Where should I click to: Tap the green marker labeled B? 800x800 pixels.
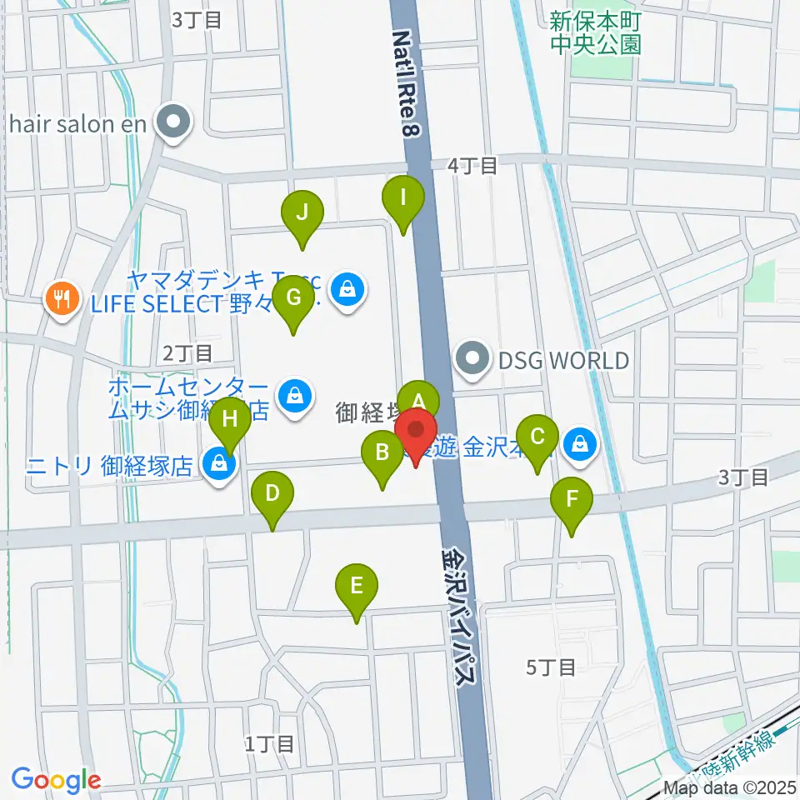point(382,454)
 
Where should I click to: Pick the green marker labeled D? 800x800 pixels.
point(272,494)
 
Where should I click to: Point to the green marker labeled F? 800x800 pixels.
point(572,501)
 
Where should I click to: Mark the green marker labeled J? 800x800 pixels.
point(302,212)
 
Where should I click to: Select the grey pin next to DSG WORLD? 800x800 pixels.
point(472,360)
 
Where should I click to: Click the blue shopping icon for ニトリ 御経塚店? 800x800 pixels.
point(217,462)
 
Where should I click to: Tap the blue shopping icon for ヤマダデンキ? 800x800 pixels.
point(344,289)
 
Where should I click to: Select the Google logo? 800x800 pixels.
point(55,780)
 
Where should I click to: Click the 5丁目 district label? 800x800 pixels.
point(552,666)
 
